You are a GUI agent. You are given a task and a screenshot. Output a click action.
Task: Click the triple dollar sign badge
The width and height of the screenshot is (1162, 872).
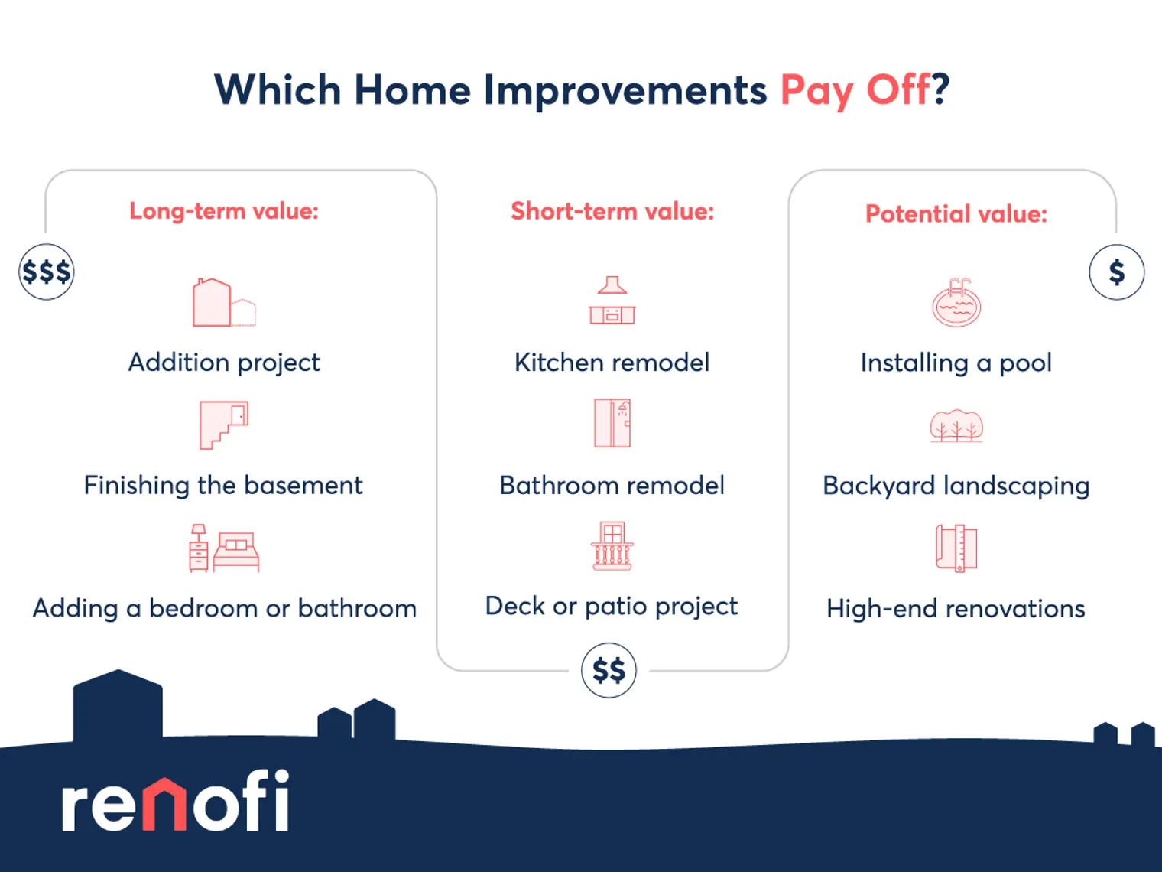point(46,272)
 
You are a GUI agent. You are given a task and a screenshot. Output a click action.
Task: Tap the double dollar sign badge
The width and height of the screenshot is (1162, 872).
point(609,670)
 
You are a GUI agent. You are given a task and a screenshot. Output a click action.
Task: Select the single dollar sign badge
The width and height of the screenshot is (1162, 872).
point(1116,272)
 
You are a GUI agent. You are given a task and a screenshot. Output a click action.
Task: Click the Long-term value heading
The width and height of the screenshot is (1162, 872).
point(224,210)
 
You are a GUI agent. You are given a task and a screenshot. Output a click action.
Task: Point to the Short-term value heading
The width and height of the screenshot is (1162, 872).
point(612,210)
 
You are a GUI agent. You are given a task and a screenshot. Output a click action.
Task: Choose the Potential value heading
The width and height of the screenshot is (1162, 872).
point(956,213)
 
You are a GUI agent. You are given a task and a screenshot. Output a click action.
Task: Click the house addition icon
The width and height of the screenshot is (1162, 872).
point(224,302)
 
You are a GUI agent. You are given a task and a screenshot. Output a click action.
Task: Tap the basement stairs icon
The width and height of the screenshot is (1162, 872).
point(224,425)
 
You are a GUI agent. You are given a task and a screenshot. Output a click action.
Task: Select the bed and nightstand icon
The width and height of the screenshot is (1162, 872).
point(224,548)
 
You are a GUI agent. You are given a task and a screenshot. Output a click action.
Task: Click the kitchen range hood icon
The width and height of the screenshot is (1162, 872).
point(612,300)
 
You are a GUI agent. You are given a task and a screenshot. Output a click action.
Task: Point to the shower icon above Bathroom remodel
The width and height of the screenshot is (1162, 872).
point(612,423)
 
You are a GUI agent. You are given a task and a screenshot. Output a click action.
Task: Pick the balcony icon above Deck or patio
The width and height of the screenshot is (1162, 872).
point(612,546)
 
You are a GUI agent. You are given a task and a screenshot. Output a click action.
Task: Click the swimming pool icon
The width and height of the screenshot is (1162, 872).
point(956,302)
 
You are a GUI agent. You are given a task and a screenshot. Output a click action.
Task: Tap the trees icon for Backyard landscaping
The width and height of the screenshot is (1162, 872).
point(956,426)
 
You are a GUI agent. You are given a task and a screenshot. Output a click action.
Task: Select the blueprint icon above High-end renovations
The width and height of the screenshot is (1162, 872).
point(956,548)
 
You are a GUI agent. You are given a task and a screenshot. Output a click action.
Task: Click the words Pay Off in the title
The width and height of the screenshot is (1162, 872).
point(855,91)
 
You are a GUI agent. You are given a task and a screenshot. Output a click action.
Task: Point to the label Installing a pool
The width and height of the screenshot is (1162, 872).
point(956,363)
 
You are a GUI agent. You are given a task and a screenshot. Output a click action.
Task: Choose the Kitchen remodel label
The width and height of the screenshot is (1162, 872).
point(612,363)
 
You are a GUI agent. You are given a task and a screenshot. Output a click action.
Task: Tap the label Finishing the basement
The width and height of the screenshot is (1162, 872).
point(223,486)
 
